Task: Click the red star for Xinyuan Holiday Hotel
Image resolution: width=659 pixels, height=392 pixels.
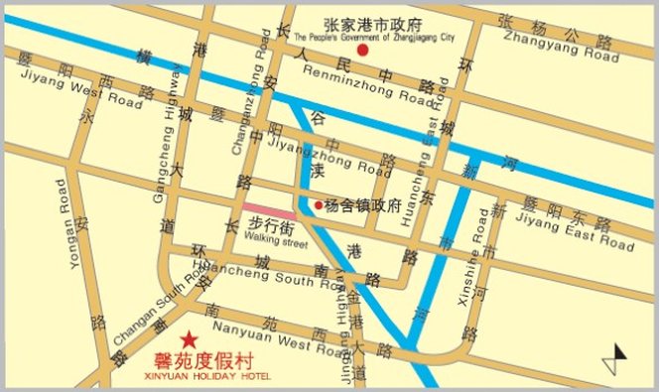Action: point(189,338)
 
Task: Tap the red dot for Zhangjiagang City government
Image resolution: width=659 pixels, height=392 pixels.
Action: point(362,49)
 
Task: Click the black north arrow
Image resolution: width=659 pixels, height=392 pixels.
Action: point(620,354)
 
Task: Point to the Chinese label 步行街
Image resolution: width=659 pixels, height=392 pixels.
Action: point(270,226)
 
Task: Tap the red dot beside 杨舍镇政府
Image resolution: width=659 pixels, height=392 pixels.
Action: point(319,205)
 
